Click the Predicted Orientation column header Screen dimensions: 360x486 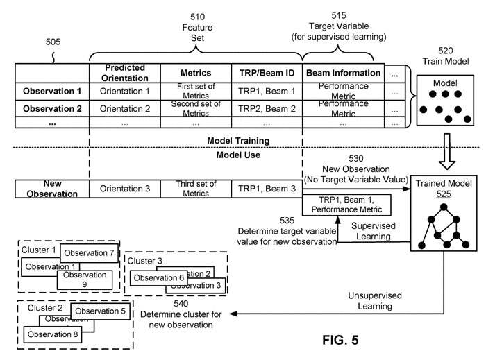(125, 72)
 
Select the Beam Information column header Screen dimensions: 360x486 (342, 72)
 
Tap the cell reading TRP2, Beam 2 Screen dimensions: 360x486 (267, 109)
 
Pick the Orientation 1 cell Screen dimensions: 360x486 (125, 91)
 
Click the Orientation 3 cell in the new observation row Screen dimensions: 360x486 (125, 189)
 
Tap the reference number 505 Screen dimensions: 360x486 (51, 42)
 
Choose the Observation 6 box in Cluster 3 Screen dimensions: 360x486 (158, 278)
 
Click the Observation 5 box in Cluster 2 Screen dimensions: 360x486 (99, 311)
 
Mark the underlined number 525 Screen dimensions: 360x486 (444, 195)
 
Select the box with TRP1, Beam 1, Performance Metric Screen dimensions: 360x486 (345, 203)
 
